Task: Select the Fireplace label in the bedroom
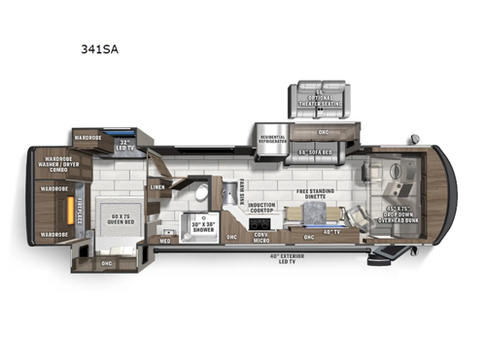tap(82, 210)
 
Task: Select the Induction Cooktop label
tap(261, 208)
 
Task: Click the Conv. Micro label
tap(260, 236)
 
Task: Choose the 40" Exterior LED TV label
tap(283, 257)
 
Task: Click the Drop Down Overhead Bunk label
tap(405, 215)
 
